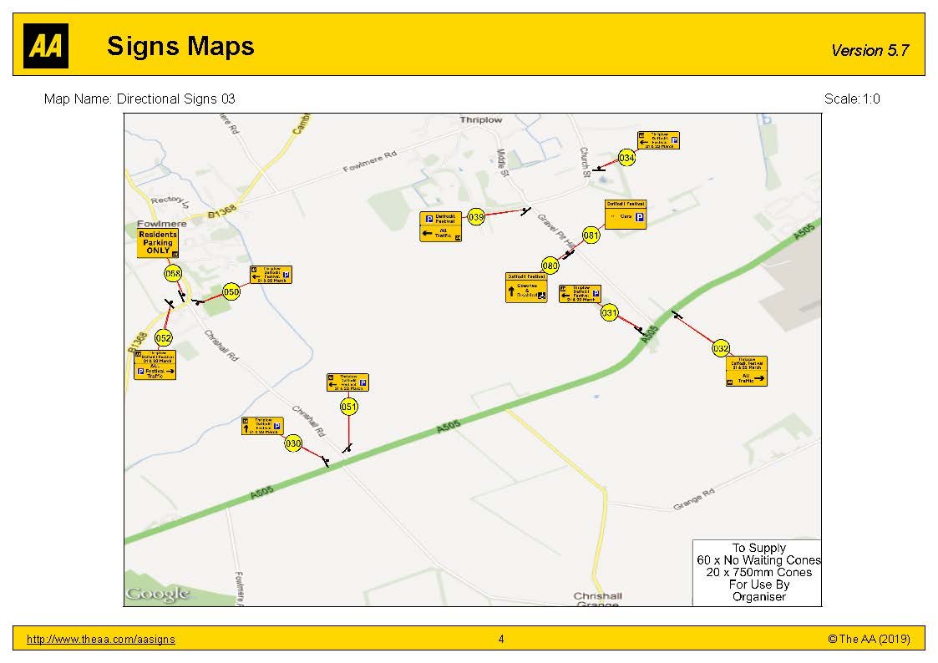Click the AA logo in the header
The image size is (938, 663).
46,46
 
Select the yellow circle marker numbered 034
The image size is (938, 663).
627,158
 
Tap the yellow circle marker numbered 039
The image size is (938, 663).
476,217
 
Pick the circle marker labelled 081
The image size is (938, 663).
591,235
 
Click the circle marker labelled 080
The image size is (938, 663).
550,266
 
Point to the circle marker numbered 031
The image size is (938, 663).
610,313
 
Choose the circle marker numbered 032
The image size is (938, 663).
722,348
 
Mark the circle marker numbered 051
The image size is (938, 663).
349,407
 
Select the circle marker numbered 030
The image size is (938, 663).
292,444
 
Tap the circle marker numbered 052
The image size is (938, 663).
164,338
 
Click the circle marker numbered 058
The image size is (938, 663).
173,273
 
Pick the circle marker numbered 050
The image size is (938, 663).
231,291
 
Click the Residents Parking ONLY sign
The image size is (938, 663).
158,242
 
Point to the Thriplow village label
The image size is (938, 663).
481,120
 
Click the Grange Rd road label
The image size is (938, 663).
694,499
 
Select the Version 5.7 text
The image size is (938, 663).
870,50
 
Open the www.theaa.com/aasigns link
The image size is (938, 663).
101,640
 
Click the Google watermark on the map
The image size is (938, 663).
158,594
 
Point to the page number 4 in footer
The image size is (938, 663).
501,640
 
